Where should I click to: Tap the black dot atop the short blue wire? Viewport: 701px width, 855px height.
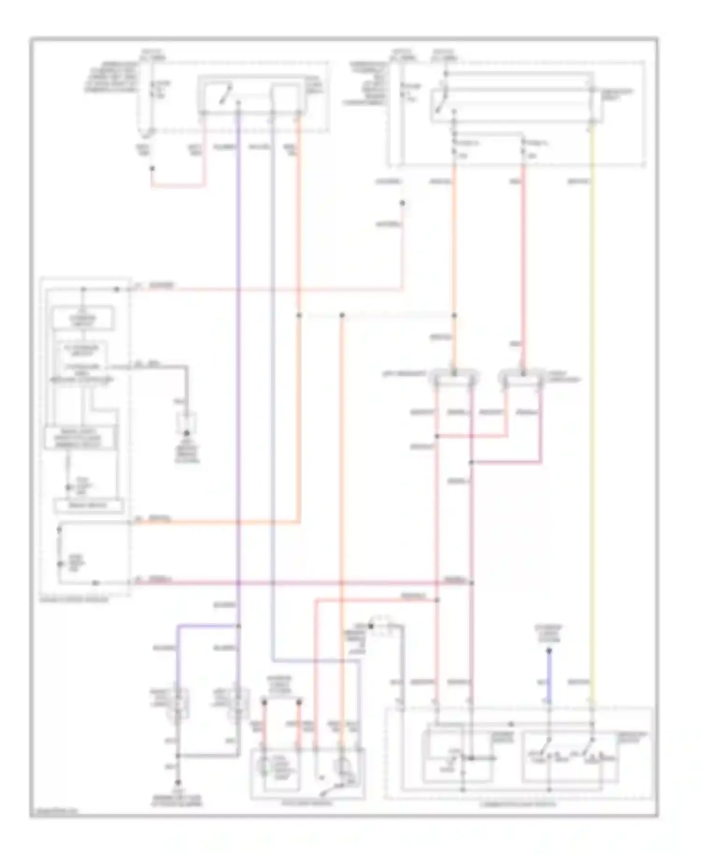[549, 651]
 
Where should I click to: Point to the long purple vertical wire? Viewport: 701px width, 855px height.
[238, 374]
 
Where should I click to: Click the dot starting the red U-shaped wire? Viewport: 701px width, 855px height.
[151, 169]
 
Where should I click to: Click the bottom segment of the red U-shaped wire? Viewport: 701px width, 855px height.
[178, 186]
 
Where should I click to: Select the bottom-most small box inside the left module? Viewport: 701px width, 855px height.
[88, 506]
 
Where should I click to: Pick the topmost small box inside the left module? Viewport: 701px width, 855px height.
[83, 319]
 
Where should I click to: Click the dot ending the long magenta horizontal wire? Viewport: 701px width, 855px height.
[472, 583]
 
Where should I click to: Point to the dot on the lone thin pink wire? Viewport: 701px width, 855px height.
[402, 203]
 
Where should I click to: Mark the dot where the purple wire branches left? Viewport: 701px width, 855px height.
[238, 625]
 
